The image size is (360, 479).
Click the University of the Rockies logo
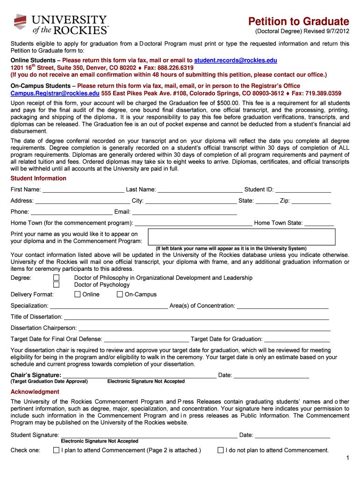[61, 24]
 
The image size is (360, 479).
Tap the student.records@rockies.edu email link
[236, 60]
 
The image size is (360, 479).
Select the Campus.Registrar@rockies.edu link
[55, 93]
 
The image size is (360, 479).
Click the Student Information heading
[38, 178]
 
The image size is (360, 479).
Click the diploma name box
[242, 237]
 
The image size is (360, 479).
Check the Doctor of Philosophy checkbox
[56, 277]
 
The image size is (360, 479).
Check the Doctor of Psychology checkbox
[56, 285]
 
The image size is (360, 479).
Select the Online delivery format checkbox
[78, 294]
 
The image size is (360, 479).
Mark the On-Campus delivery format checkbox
[120, 294]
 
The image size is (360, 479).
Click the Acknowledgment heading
[35, 392]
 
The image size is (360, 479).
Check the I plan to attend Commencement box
[57, 450]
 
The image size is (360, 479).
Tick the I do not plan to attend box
[221, 450]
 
